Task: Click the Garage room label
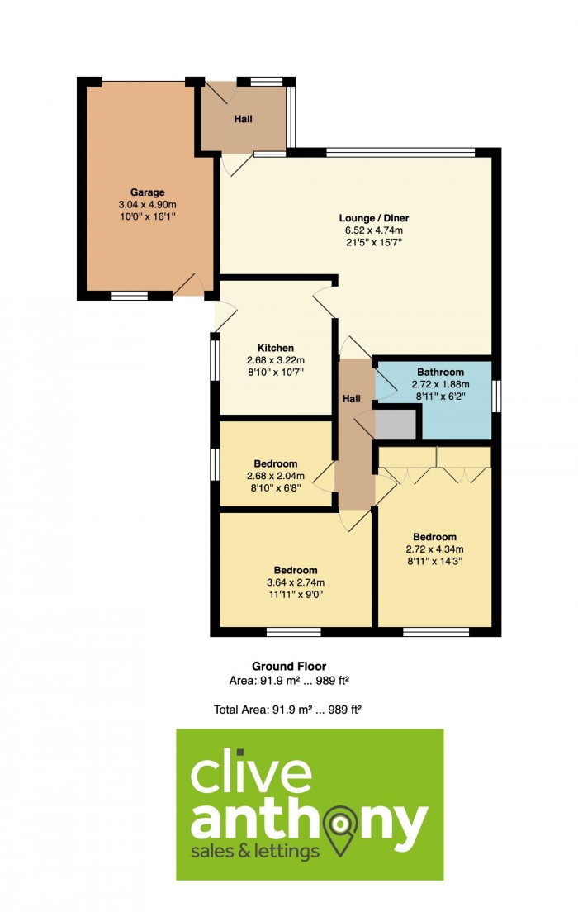147,192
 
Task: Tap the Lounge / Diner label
374,218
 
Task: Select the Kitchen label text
276,349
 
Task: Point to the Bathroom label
440,373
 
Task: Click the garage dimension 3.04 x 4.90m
147,205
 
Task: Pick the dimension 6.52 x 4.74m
374,230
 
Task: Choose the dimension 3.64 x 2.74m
296,582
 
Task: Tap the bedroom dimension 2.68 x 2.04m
276,476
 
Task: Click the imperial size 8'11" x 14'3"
434,561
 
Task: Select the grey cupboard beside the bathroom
396,425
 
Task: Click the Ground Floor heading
289,667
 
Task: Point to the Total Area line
288,710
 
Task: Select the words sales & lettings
255,852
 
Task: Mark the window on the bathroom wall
496,396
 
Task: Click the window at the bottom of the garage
130,296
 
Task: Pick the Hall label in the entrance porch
243,119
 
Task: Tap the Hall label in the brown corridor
351,399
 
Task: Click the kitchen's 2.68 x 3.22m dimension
276,361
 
